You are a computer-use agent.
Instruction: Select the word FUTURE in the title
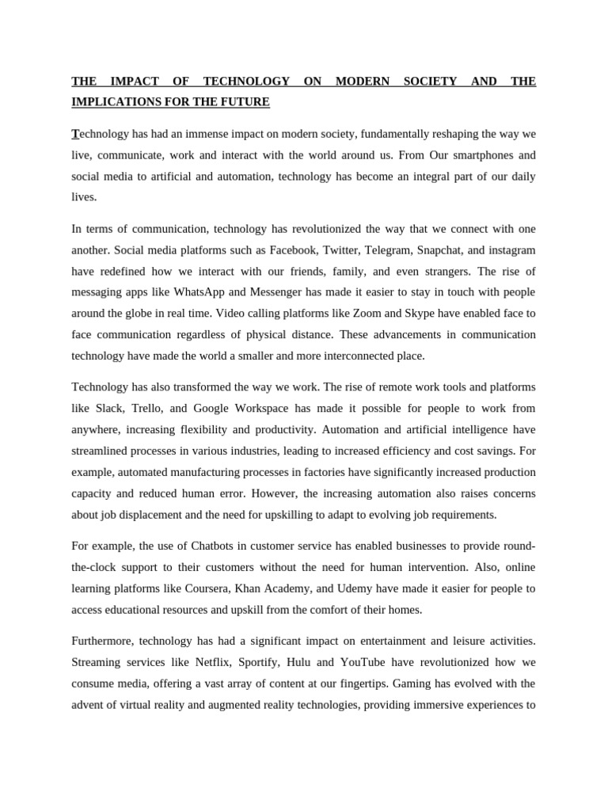(245, 102)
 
